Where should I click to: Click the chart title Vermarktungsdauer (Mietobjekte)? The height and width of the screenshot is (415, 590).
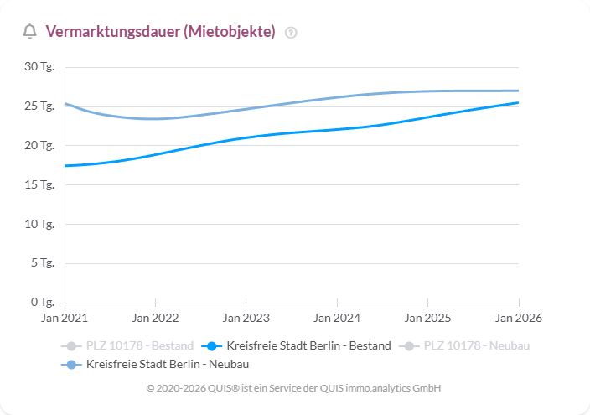160,32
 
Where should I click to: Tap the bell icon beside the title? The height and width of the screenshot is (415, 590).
30,32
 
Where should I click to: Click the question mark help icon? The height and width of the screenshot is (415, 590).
291,33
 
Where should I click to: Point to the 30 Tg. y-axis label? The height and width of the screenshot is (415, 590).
39,67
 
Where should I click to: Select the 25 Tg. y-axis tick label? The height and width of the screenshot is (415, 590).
39,106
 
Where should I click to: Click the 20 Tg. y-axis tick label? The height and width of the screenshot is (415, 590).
39,146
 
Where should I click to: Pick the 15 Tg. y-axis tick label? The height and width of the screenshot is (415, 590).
39,184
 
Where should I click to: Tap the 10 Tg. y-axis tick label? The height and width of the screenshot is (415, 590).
39,224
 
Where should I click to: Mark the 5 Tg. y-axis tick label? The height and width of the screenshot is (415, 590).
42,263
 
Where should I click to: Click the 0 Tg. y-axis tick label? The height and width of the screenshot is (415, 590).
42,302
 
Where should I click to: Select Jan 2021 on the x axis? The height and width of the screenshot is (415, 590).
65,319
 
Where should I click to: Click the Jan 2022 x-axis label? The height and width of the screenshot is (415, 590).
155,319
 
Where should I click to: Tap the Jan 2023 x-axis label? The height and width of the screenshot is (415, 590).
246,319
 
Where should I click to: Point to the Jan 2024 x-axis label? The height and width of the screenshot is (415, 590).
337,319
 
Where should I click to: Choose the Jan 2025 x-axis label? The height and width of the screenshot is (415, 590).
427,319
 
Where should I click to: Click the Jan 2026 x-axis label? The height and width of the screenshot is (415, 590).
518,319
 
